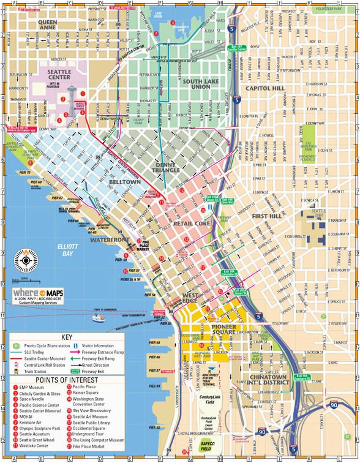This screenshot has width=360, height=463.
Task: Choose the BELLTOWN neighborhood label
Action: pos(124,183)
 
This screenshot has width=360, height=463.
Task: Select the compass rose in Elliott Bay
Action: pos(26,262)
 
